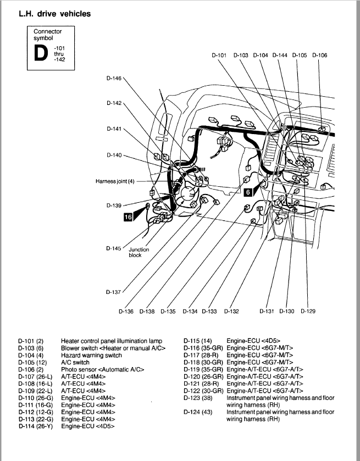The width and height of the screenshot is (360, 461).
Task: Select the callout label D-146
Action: [x=114, y=78]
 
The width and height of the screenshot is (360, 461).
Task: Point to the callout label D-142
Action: [x=114, y=103]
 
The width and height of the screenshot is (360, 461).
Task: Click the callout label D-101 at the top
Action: [x=219, y=55]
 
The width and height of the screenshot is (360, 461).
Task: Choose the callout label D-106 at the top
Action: [x=319, y=55]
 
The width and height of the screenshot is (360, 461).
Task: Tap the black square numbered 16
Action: [x=128, y=217]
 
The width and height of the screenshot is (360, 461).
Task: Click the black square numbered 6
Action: [x=248, y=192]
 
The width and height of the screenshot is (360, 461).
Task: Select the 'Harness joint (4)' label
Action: [x=114, y=181]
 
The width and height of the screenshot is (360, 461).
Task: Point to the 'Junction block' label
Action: [x=139, y=252]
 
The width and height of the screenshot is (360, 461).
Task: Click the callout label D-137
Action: [x=114, y=292]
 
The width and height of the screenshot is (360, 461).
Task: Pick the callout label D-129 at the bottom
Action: [x=308, y=312]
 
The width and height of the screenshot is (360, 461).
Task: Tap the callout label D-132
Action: [x=231, y=312]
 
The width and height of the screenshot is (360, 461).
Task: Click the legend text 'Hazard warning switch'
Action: [x=90, y=356]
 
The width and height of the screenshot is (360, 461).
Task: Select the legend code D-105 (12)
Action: [x=32, y=363]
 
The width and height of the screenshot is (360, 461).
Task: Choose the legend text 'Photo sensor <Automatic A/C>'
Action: [x=102, y=369]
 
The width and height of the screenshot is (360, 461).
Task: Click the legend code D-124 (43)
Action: [x=196, y=411]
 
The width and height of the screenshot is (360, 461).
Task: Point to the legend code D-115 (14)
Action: [x=196, y=341]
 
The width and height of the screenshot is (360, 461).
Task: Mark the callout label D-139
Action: [x=114, y=205]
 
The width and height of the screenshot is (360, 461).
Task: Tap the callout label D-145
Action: [x=114, y=248]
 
